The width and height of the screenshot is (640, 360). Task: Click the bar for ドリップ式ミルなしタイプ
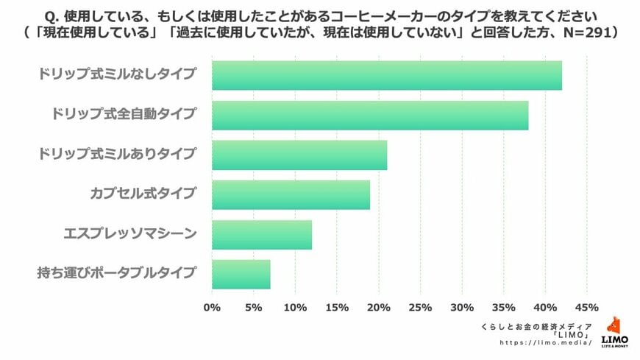coord(386,75)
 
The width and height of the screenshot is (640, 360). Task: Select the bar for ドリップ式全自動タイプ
coord(370,115)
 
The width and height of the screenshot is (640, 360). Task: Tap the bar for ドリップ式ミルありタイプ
coord(299,155)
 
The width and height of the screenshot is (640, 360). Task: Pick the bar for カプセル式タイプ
coord(291,194)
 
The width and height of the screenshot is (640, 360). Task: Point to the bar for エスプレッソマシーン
coord(262,235)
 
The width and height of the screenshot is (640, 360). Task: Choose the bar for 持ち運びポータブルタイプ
coord(241,275)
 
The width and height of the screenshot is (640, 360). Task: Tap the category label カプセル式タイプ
coord(143,194)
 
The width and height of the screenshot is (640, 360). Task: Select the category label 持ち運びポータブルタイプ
coord(117,274)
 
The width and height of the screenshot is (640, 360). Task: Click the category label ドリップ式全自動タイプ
coord(124,114)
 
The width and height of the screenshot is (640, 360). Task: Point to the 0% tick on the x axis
coord(212,307)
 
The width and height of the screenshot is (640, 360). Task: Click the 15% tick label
coord(337,307)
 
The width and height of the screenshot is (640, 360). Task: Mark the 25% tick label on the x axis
coord(420,307)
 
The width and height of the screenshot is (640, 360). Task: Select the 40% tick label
coord(545,307)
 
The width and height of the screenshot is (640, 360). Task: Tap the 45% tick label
coord(586,307)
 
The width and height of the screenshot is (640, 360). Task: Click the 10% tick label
coord(295,307)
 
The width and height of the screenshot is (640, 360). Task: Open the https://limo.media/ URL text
coord(545,343)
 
